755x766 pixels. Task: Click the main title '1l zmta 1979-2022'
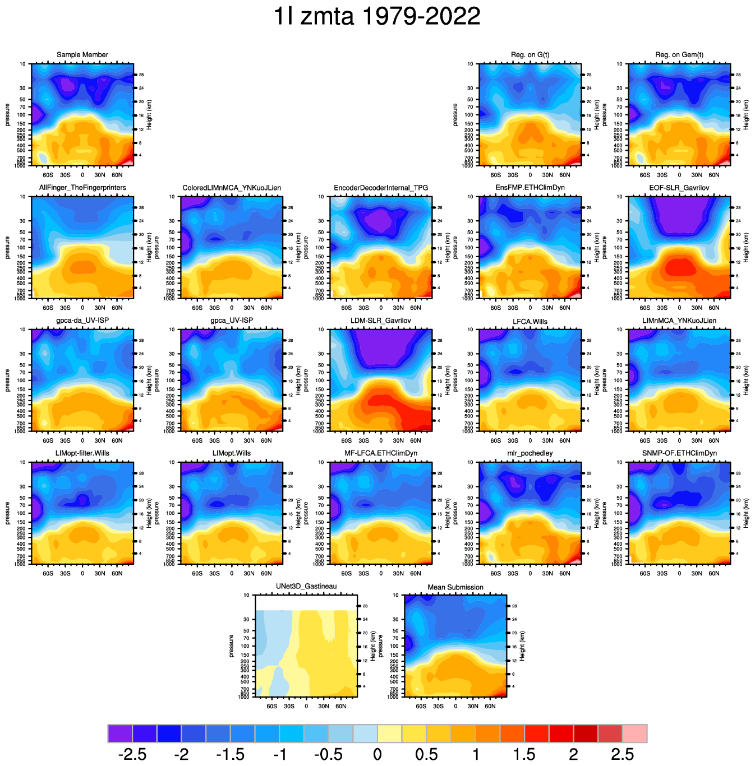pos(377,16)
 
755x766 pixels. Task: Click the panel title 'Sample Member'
pos(82,55)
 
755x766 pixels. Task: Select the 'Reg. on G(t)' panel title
pos(530,55)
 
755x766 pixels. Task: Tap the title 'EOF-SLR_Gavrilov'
pos(679,188)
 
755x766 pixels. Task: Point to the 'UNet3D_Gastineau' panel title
pos(306,587)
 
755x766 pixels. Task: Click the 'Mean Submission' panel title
pos(455,587)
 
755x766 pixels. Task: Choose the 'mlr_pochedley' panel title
pos(530,453)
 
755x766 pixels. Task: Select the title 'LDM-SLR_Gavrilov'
pos(381,321)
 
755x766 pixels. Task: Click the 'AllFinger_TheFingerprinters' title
pos(82,188)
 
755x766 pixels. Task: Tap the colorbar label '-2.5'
pos(133,754)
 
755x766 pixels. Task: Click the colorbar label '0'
pos(377,754)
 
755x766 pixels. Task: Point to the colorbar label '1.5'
pos(524,754)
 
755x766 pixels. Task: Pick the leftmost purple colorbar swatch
pos(120,733)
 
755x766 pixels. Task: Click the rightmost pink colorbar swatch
pos(635,733)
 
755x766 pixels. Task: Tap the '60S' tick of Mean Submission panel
pos(421,707)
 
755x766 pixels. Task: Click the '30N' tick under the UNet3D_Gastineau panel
pos(324,707)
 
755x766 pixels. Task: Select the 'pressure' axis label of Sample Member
pos(8,115)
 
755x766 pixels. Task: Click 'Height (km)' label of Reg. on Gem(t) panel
pos(747,115)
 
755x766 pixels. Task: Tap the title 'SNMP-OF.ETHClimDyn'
pos(679,453)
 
